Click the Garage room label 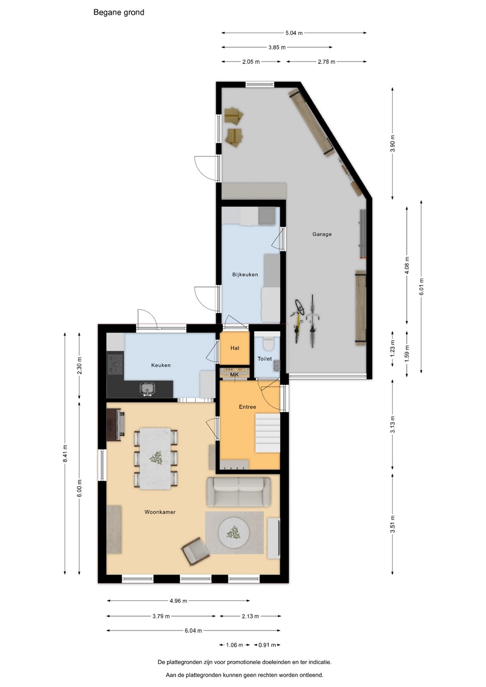point(322,234)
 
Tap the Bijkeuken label point(245,274)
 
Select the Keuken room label point(161,365)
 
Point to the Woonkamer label point(160,512)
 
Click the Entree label point(248,407)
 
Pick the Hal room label point(235,348)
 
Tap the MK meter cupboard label point(234,375)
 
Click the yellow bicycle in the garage point(297,321)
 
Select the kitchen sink point(148,389)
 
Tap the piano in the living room point(116,424)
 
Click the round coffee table point(234,533)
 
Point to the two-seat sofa point(239,492)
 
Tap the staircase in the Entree point(267,433)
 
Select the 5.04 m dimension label point(294,33)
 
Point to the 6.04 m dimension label point(193,631)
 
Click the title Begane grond point(119,12)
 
